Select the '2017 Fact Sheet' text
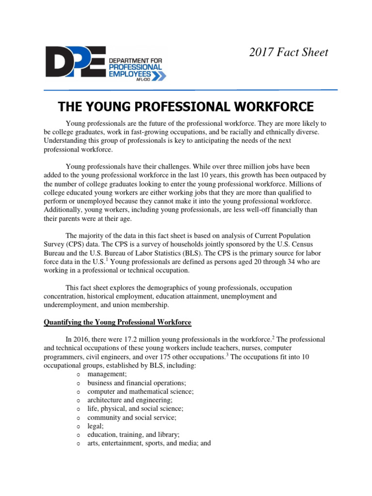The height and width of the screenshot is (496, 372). click(289, 52)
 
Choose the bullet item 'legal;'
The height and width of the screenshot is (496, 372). click(95, 426)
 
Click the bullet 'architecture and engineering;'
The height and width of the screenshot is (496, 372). click(130, 400)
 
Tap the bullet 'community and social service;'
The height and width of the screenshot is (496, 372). click(132, 417)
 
